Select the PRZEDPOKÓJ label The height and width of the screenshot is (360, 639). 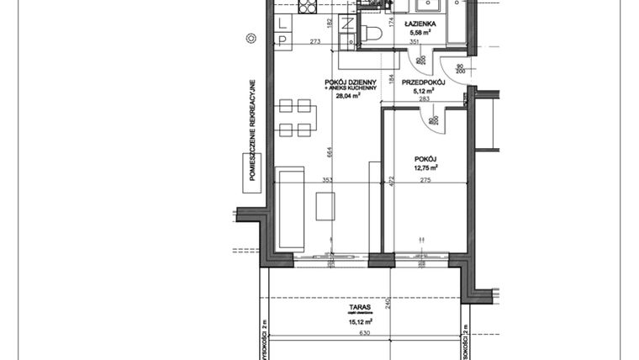pos(422,82)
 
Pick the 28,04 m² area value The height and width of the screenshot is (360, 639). pos(348,96)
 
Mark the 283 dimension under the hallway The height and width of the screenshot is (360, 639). pos(423,99)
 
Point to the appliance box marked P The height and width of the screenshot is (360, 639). pos(283,38)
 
